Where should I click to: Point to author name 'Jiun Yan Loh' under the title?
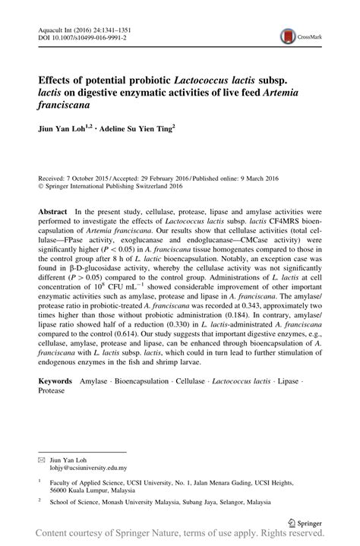(x=63, y=129)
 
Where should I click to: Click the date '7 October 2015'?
(x=87, y=173)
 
